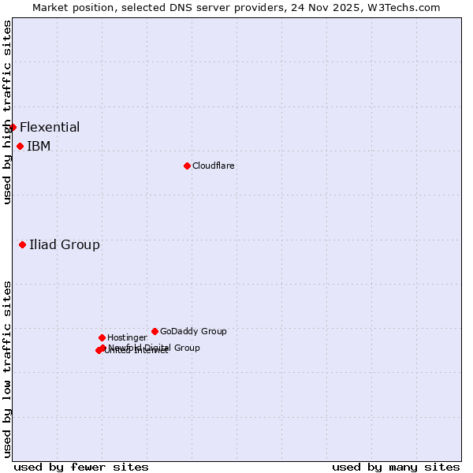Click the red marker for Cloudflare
(187, 166)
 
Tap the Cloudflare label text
(213, 166)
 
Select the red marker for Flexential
(13, 127)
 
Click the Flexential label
(50, 127)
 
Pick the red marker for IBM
(20, 146)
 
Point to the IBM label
(39, 146)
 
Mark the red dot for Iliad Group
(22, 244)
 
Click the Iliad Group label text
(65, 244)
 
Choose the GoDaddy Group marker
(155, 331)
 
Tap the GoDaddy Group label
(193, 331)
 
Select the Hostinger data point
(102, 337)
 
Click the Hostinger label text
(127, 337)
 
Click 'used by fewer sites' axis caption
(81, 467)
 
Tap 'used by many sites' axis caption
(396, 467)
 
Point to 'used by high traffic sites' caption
(7, 112)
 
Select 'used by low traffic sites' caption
(7, 368)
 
